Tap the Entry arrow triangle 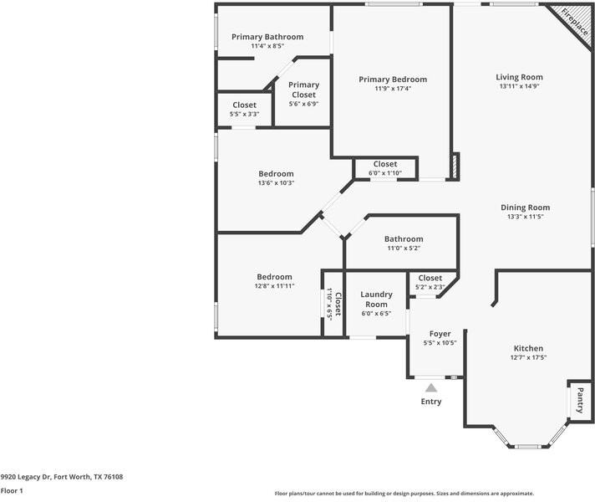pos(431,387)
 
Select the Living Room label pos(520,77)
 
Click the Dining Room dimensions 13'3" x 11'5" pos(525,217)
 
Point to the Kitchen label pos(528,348)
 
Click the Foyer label pos(440,334)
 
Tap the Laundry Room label pos(376,299)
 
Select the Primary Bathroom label pos(267,37)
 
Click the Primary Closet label pos(303,90)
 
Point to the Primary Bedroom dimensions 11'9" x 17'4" pos(392,88)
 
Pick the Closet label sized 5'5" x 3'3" pos(244,105)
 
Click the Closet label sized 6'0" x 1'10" pos(385,164)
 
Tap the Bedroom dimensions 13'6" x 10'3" pos(276,182)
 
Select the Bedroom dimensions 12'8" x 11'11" pos(274,286)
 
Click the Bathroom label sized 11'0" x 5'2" pos(404,238)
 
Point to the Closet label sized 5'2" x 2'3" pos(430,278)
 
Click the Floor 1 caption pos(12,491)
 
